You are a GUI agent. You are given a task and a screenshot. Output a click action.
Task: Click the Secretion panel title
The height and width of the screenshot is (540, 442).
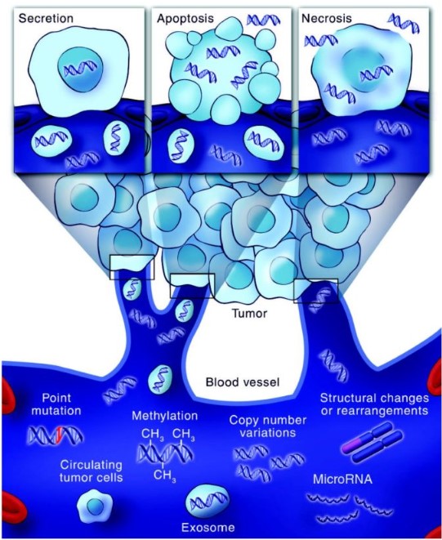click(46, 18)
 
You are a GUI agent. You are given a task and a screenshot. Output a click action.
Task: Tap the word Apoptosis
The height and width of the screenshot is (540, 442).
click(185, 18)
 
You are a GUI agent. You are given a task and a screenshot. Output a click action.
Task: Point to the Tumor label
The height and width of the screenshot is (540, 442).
click(249, 314)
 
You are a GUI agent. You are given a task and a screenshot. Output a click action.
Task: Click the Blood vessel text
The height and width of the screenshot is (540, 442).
click(243, 382)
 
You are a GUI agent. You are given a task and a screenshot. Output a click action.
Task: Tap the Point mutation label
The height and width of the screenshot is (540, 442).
click(56, 404)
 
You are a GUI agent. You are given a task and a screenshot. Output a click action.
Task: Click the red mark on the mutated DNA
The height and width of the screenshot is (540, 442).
click(60, 435)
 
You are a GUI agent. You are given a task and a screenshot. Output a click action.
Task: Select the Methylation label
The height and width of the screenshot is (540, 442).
click(165, 416)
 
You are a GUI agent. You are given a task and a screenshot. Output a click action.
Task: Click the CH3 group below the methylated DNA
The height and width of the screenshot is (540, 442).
click(165, 476)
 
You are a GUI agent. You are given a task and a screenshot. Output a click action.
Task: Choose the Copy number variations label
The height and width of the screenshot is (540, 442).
click(268, 426)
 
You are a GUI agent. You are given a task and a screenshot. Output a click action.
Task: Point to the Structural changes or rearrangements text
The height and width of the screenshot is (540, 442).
click(374, 404)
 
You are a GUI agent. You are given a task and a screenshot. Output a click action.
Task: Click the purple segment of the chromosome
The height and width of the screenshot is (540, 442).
click(352, 444)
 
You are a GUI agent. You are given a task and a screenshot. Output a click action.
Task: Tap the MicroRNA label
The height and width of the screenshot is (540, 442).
click(342, 480)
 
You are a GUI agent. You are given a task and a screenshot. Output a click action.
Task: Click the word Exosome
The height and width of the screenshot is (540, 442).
click(208, 528)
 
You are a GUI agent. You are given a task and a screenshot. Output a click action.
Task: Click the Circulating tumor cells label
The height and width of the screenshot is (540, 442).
click(91, 471)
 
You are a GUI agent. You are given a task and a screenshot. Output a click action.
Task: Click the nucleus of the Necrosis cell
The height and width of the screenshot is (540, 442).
click(364, 70)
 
